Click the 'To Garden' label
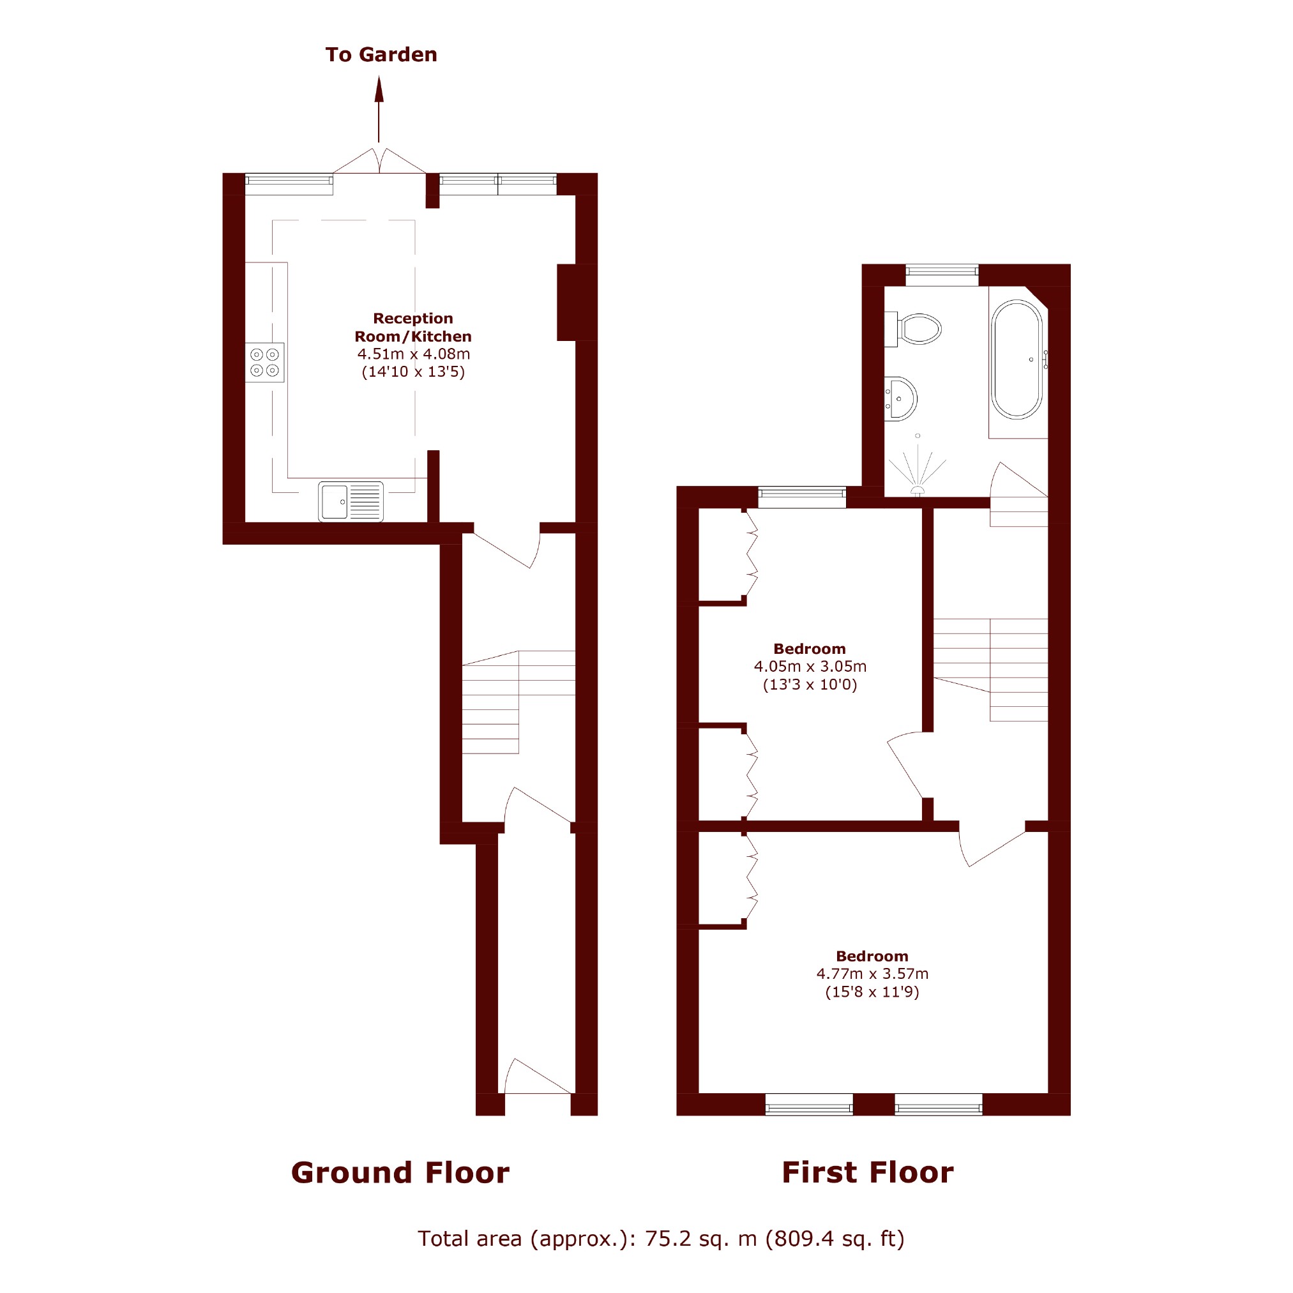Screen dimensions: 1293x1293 coord(381,55)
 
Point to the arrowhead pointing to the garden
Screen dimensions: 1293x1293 coord(379,89)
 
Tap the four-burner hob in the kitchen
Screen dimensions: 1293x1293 coord(265,363)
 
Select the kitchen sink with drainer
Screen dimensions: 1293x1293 coord(351,501)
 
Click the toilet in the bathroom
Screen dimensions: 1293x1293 coord(914,329)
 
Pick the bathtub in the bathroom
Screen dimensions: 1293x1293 coord(1017,359)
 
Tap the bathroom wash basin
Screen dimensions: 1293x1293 coord(900,399)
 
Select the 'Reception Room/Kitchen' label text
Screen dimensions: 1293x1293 coord(413,328)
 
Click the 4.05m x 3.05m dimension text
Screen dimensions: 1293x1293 coord(810,667)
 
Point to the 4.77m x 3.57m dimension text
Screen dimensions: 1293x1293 coord(872,974)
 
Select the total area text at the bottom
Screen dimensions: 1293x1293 coord(662,1239)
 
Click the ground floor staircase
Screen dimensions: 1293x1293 coord(518,702)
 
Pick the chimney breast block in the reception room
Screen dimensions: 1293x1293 coord(576,303)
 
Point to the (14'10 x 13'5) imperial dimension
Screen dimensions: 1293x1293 coord(413,372)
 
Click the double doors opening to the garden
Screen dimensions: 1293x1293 coord(379,162)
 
